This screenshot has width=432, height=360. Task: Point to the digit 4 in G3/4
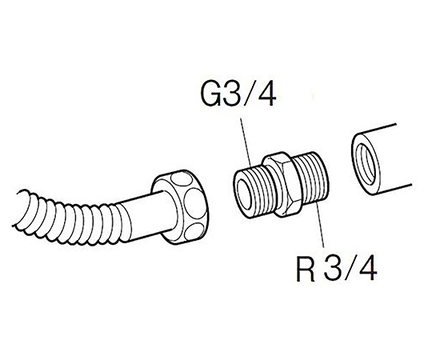266,94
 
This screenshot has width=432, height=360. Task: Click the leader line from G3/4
246,142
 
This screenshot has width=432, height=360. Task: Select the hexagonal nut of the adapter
281,184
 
